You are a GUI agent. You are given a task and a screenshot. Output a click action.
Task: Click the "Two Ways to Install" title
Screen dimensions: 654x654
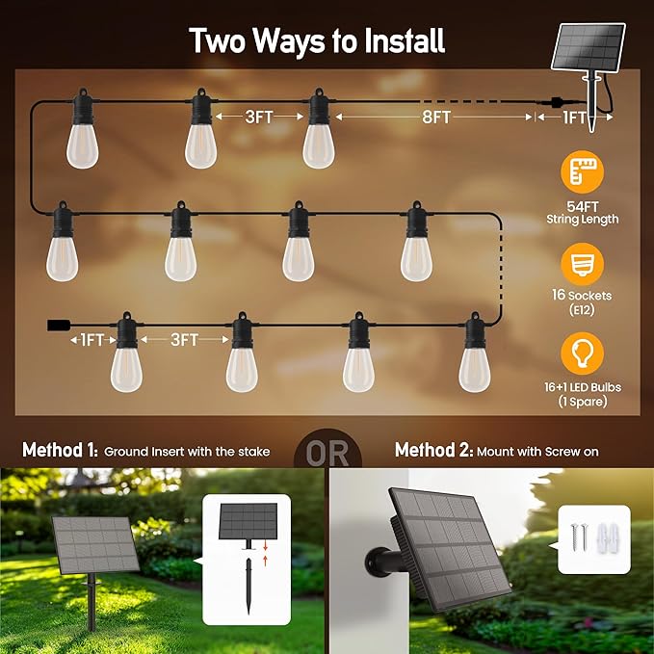coord(316,41)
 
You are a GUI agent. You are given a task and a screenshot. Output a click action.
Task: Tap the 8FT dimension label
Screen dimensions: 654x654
coord(435,118)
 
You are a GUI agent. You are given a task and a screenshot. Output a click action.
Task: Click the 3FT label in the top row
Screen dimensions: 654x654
coord(258,118)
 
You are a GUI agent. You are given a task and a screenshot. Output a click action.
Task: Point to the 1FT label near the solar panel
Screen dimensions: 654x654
coord(574,118)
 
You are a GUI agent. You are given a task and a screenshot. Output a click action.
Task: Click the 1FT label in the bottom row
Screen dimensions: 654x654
coord(92,340)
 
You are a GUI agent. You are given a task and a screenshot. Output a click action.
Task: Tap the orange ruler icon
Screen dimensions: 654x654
coord(583,175)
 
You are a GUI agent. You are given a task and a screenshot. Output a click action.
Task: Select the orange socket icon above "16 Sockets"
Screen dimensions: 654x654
coord(583,264)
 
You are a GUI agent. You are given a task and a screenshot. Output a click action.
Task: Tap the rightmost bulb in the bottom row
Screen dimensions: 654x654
coord(474,358)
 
